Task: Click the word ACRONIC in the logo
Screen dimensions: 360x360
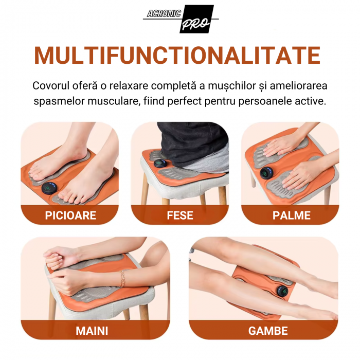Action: (164, 13)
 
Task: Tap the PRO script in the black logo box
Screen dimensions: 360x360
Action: (195, 23)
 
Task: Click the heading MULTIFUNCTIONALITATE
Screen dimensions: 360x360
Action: (177, 56)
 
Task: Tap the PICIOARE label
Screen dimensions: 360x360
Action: (70, 215)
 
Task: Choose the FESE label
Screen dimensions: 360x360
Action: (180, 215)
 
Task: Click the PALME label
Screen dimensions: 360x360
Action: (292, 215)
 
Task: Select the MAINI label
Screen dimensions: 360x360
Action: (92, 331)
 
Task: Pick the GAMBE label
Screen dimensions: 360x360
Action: (268, 331)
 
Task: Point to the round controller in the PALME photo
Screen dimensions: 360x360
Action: (266, 173)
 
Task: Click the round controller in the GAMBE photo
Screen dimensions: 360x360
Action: (283, 292)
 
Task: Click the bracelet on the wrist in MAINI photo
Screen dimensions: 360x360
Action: (122, 279)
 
